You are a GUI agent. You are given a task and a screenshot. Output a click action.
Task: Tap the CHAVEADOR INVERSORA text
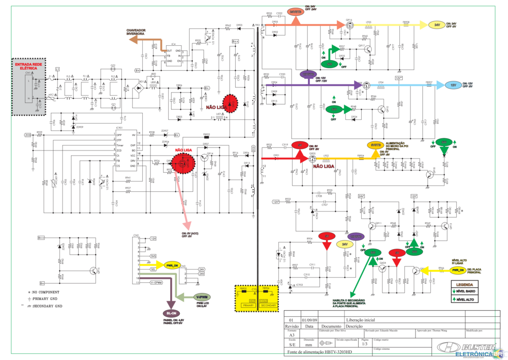click(x=136, y=33)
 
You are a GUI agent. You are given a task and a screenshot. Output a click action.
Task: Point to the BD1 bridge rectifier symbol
click(x=137, y=87)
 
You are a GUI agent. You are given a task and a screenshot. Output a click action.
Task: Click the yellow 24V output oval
click(x=436, y=25)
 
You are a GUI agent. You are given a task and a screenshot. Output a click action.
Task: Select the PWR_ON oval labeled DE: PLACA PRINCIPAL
click(x=459, y=270)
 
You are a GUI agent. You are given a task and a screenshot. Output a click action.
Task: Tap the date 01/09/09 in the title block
click(x=309, y=320)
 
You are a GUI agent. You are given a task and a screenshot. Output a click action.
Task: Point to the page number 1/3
click(x=364, y=344)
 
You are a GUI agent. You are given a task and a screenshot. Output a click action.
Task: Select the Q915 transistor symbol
click(x=93, y=271)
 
